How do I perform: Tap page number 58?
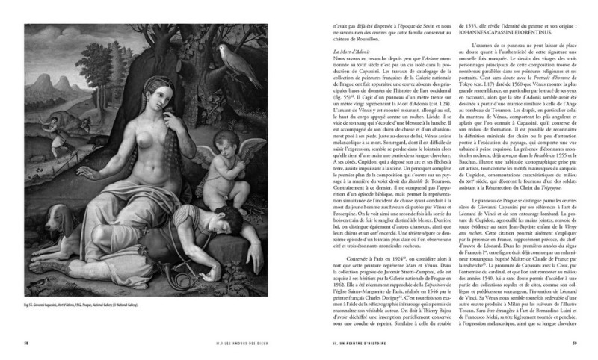19,343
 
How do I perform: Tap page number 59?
576,343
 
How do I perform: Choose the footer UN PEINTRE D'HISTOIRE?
359,343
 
